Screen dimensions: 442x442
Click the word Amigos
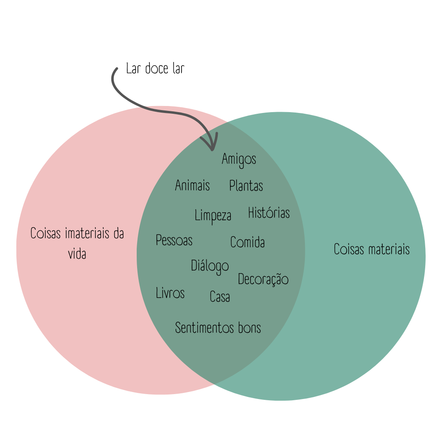click(239, 159)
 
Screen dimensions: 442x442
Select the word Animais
click(192, 185)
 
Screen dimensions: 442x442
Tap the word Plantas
click(246, 186)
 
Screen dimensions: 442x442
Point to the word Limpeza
click(213, 215)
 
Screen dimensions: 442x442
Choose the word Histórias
click(269, 213)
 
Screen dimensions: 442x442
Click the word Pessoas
click(174, 240)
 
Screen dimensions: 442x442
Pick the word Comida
click(248, 242)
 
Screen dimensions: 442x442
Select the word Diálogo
click(210, 266)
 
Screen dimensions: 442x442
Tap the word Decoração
click(263, 279)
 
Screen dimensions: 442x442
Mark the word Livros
click(170, 293)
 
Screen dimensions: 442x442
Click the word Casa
click(220, 297)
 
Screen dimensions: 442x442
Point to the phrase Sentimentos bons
click(218, 328)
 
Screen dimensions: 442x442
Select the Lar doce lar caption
click(155, 69)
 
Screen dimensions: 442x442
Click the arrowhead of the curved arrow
click(212, 147)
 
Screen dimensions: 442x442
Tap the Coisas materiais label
click(372, 249)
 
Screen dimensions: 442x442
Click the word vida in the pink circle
click(77, 254)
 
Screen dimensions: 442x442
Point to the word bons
click(249, 328)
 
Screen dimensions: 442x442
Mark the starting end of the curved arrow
click(117, 69)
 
